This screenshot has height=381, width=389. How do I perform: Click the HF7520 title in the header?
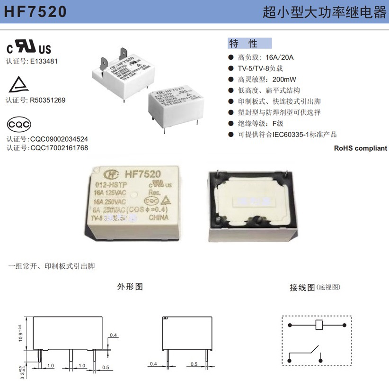coord(35,12)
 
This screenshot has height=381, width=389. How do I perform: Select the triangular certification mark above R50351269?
coord(18,85)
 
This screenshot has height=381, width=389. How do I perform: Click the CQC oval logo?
coord(19,124)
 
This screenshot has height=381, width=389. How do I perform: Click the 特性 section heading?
coord(243,44)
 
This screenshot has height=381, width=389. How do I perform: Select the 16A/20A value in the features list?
coord(279,57)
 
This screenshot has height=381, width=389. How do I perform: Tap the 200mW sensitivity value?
coord(284,79)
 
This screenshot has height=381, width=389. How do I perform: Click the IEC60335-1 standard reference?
coord(297,134)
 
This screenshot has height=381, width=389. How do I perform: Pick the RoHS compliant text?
coord(361,148)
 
